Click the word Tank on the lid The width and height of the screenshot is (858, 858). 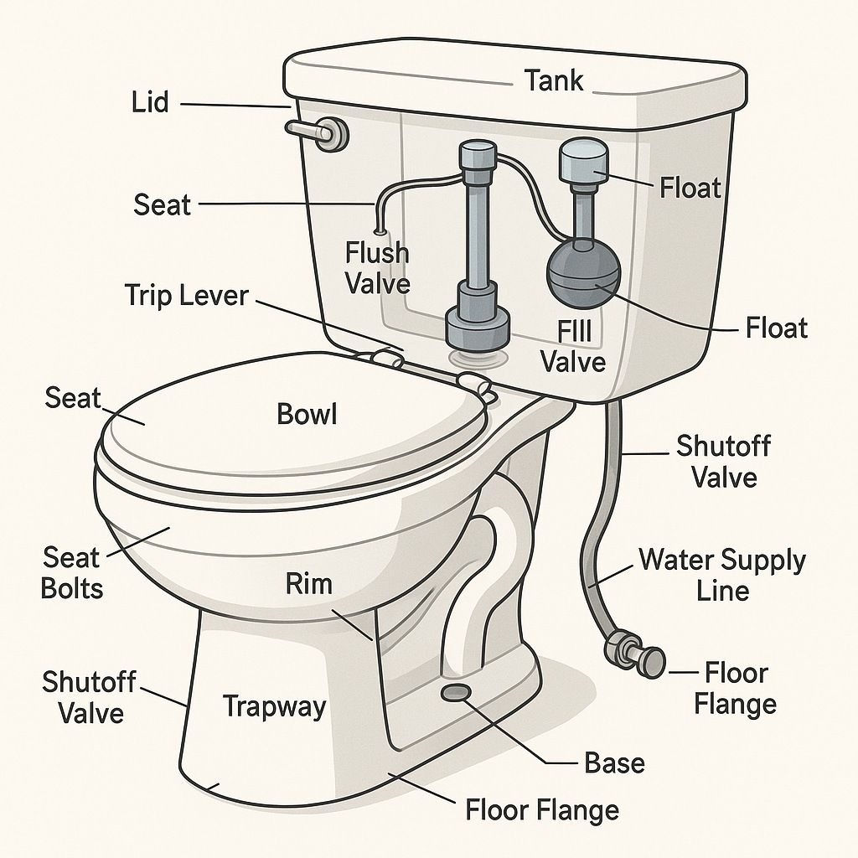555,80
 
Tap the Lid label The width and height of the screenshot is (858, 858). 150,103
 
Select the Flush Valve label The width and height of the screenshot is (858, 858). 378,268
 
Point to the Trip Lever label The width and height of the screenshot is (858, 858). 187,296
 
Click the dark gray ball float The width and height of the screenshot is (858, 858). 584,272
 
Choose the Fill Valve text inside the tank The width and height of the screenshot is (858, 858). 573,347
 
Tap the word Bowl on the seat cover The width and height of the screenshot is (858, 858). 307,414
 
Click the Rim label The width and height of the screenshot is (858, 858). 308,583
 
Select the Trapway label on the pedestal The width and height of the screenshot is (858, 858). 274,707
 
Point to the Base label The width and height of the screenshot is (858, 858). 614,762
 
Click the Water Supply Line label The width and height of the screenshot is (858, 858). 722,576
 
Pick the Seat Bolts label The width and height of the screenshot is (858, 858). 72,573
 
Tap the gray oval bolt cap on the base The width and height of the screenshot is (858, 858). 456,692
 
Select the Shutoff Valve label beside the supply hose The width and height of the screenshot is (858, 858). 723,462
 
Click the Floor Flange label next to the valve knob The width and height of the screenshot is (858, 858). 736,689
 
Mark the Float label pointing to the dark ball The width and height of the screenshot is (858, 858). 777,328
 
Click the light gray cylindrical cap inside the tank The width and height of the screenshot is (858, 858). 584,160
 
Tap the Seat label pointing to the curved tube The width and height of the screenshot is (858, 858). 162,204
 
